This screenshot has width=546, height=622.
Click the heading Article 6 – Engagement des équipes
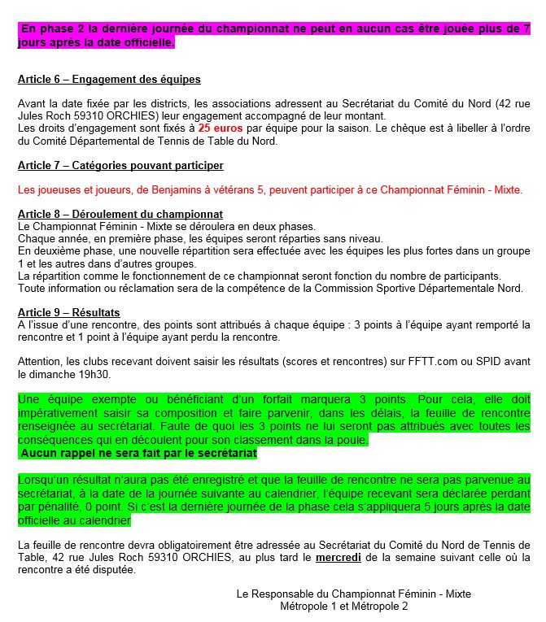point(109,80)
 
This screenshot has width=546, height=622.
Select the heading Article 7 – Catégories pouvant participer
point(120,165)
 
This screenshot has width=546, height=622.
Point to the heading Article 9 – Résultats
point(68,312)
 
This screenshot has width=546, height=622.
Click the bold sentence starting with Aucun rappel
point(137,453)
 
